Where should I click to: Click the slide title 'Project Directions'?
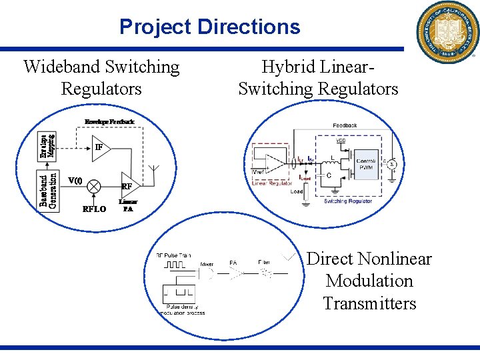pos(209,27)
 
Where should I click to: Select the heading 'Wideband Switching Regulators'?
pos(101,77)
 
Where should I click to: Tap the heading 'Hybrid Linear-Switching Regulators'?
pos(318,77)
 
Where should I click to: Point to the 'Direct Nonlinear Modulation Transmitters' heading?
pos(369,281)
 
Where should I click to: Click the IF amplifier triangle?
pos(101,148)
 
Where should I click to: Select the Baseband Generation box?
pos(47,189)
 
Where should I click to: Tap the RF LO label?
pos(95,209)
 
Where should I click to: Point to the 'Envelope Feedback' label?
pos(109,122)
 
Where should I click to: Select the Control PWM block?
pos(365,164)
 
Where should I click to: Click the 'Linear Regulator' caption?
pos(272,183)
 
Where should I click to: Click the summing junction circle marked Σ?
pos(393,163)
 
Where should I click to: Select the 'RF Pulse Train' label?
pos(173,255)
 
